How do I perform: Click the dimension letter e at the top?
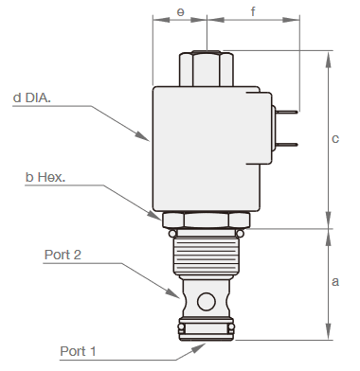coord(180,13)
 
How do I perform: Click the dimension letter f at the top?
coord(253,13)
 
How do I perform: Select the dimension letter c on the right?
coord(335,139)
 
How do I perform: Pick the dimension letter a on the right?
coord(335,282)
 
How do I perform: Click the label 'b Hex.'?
coord(46,177)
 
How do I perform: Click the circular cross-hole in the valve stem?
coord(206,302)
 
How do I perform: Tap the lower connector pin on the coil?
coord(286,145)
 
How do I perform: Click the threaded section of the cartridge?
coord(206,255)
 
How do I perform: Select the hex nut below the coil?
coord(206,221)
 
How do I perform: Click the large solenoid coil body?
coord(206,147)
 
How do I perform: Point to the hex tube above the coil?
coord(206,69)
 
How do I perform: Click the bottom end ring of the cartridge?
coord(206,328)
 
